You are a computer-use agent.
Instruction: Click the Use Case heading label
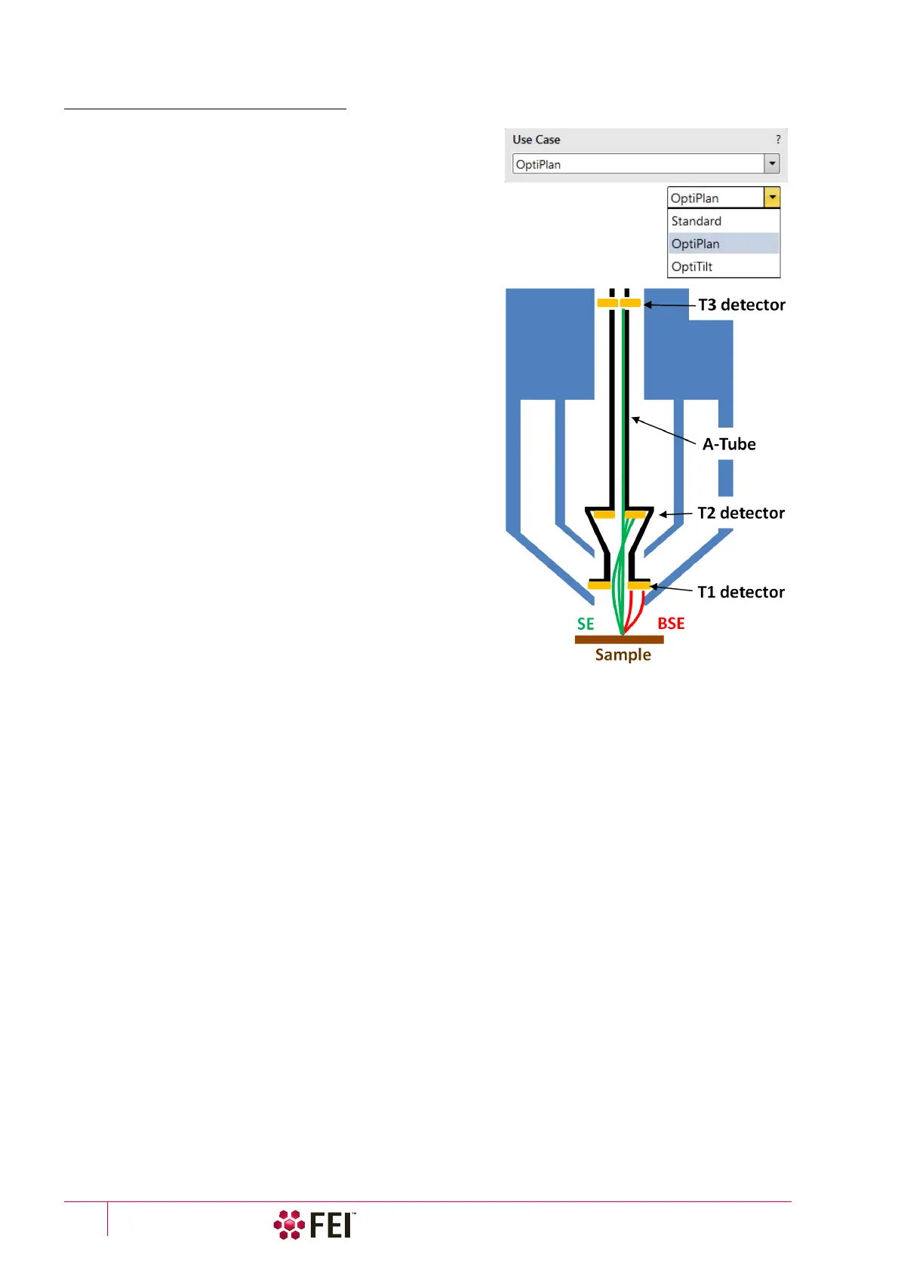coord(536,140)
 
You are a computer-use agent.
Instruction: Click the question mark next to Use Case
coord(778,140)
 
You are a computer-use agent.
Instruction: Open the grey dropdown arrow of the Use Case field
coord(772,164)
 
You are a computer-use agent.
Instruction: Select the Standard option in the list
coord(697,221)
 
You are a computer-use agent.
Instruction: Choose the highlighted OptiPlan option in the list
coord(696,244)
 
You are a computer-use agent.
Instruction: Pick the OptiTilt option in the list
coord(692,266)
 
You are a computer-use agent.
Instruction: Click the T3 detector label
coord(742,305)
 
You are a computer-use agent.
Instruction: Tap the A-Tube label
coord(729,444)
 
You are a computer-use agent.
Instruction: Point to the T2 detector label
coord(741,513)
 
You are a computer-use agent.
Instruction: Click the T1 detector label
coord(741,592)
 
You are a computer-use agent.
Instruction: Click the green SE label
coord(586,624)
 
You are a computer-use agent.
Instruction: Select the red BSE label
coord(671,624)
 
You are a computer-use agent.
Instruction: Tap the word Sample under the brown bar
coord(623,655)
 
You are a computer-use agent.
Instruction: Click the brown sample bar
coord(619,640)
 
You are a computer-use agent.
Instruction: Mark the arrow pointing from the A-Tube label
coord(663,431)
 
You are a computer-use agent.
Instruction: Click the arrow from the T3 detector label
coord(669,305)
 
